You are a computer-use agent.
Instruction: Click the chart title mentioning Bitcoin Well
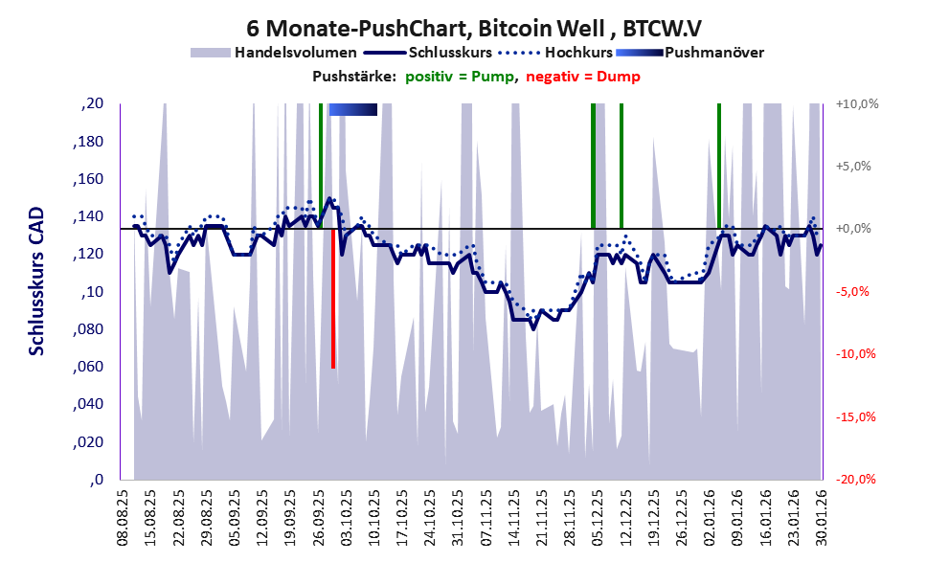[x=475, y=29]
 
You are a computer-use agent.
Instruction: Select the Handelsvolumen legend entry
[x=296, y=53]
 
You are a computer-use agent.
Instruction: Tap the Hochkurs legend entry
[x=585, y=53]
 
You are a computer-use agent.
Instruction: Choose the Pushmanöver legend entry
[x=712, y=53]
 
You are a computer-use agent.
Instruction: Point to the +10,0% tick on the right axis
[x=856, y=103]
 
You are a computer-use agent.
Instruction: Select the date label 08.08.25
[x=122, y=517]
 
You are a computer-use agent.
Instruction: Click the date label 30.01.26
[x=821, y=517]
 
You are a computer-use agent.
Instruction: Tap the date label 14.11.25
[x=514, y=517]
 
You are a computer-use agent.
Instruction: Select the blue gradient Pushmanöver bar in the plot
[x=352, y=109]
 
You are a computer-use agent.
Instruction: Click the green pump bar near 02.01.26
[x=718, y=166]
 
